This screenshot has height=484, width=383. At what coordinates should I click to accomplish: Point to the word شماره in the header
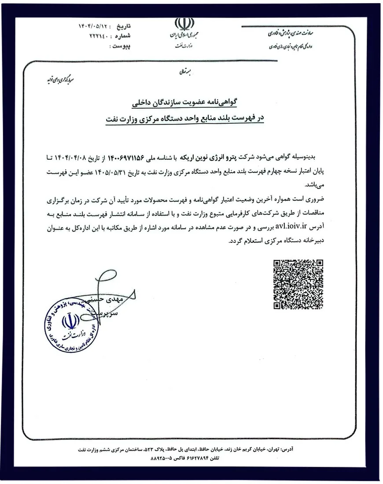126,36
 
